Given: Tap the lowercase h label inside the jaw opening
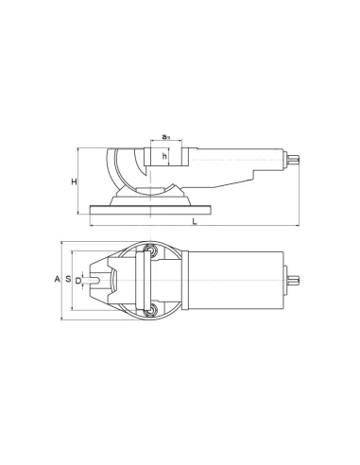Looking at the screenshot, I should [x=164, y=156].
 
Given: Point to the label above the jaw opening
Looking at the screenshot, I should [x=164, y=137].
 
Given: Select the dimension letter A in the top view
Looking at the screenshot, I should [x=57, y=280].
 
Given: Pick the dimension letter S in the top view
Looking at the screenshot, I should [x=69, y=280].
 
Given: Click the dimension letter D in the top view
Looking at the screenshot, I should [x=78, y=280].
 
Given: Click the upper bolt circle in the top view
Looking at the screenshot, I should [x=148, y=250].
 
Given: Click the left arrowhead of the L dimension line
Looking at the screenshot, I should [x=92, y=227].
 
